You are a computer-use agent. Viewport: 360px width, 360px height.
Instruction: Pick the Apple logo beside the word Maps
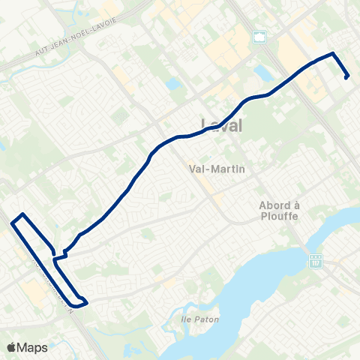pyautogui.click(x=12, y=347)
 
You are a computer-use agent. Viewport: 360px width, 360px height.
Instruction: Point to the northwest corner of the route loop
pyautogui.click(x=23, y=215)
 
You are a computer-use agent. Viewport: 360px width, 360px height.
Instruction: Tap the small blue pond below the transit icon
pyautogui.click(x=263, y=73)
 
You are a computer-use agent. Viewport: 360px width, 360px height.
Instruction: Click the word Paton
pyautogui.click(x=205, y=319)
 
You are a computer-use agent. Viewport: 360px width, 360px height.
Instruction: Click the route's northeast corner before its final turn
pyautogui.click(x=333, y=55)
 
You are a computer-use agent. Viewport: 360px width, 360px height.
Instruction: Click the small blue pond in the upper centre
pyautogui.click(x=174, y=85)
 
